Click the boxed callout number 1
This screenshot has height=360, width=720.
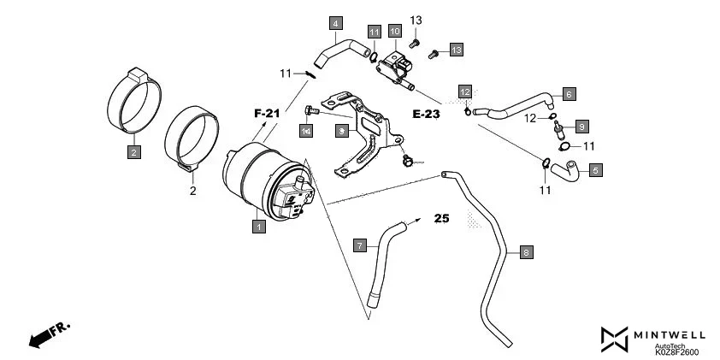(257, 227)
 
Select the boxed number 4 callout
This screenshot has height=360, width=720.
(336, 23)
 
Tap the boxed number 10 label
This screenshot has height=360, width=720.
(394, 32)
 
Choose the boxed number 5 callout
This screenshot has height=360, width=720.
(595, 170)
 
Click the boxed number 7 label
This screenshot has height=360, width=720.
(360, 246)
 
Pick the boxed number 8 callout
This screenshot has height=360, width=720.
(526, 252)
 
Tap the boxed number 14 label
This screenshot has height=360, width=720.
(305, 130)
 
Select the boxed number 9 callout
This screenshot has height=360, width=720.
(581, 127)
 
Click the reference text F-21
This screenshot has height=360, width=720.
(267, 113)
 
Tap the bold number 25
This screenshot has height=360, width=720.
(441, 219)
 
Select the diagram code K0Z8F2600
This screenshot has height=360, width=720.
(676, 351)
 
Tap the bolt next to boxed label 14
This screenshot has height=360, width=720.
(312, 109)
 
